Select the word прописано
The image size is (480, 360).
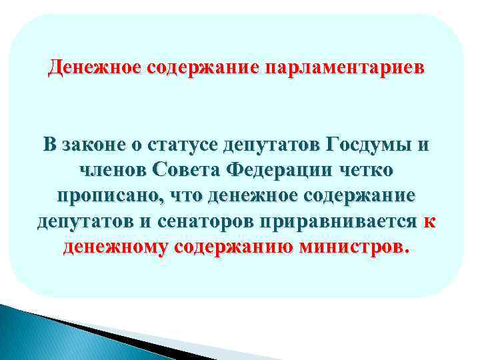tap(111, 196)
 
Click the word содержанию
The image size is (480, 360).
tap(230, 248)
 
